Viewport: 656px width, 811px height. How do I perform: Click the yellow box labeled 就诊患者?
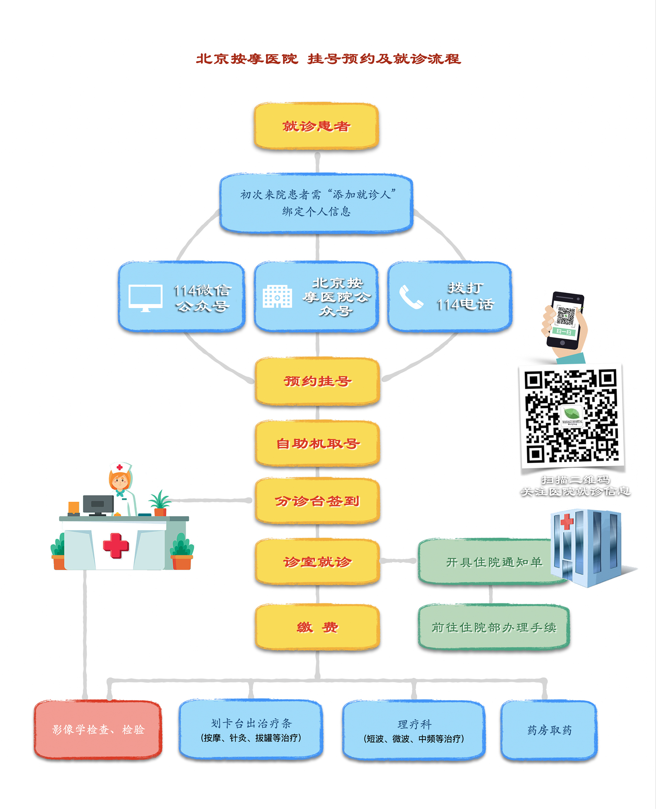316,126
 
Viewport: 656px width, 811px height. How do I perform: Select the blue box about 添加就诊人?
316,203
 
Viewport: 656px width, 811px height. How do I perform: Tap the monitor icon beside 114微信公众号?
146,297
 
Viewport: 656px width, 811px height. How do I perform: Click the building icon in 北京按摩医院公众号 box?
277,296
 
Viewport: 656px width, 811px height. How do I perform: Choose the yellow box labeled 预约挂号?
318,381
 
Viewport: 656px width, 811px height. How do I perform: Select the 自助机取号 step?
318,443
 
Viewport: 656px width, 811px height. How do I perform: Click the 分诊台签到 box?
318,501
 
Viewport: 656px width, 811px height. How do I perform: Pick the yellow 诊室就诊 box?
318,562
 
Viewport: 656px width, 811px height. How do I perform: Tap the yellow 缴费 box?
318,627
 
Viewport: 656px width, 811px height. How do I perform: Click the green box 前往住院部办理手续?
494,627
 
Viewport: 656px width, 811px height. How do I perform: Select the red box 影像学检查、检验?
98,729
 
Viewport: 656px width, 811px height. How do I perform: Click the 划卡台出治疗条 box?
251,729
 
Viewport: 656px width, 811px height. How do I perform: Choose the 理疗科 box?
414,730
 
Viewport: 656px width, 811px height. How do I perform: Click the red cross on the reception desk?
116,545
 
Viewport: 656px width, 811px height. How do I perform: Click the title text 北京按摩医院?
247,59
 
